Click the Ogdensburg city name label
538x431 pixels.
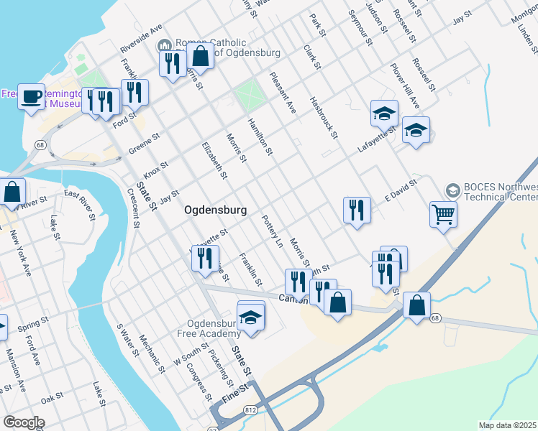[x=216, y=210]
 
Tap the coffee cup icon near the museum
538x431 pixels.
[x=31, y=96]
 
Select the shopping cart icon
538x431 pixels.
[x=443, y=213]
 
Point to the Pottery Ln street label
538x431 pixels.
[x=273, y=231]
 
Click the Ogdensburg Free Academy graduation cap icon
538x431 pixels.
[x=250, y=317]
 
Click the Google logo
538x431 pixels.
[x=23, y=422]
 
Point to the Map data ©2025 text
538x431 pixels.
[x=508, y=425]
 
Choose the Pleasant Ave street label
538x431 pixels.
[x=283, y=92]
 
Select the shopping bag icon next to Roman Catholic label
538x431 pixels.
[x=201, y=55]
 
